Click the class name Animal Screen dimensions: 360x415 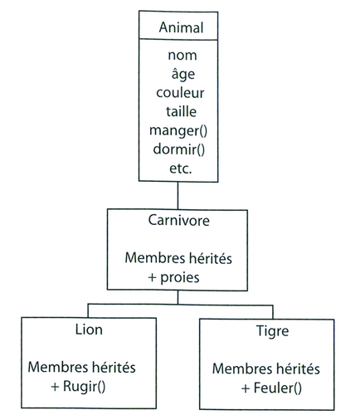(181, 27)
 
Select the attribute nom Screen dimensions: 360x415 (182, 55)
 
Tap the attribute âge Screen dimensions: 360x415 (183, 74)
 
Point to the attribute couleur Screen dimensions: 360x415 (180, 93)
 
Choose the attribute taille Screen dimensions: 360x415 (181, 111)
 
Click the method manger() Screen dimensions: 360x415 (178, 130)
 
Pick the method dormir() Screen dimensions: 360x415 (179, 149)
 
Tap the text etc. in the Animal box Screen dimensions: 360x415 (180, 168)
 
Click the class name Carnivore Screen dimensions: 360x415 (178, 221)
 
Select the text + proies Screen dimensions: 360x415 (173, 277)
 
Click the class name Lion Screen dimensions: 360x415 (89, 330)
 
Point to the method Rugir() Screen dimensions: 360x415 (84, 386)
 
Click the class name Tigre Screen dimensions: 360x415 (272, 331)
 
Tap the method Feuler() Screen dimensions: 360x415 (277, 388)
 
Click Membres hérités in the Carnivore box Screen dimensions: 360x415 (178, 258)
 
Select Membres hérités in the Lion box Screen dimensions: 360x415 (81, 367)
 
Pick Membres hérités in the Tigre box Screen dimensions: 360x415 (266, 369)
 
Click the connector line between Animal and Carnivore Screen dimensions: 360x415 (178, 196)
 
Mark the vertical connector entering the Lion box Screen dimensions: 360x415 (88, 310)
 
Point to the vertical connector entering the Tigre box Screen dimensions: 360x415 (273, 312)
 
